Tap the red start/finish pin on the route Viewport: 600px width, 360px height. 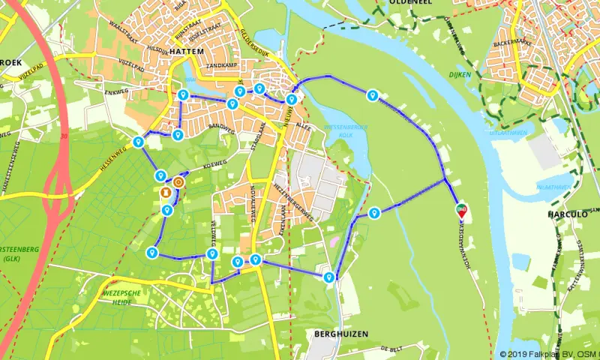click(x=461, y=209)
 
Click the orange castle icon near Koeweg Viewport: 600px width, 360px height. click(x=178, y=181)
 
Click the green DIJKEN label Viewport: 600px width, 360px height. click(x=459, y=74)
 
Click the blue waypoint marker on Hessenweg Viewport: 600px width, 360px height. click(x=138, y=142)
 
